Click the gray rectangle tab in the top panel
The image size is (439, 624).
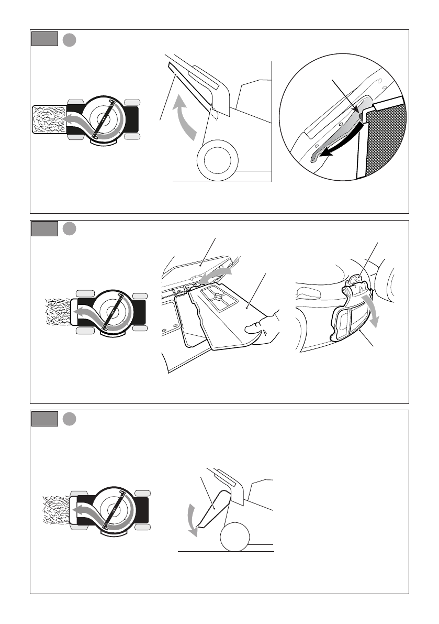pyautogui.click(x=44, y=39)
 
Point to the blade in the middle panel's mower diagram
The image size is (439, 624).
pyautogui.click(x=111, y=311)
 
